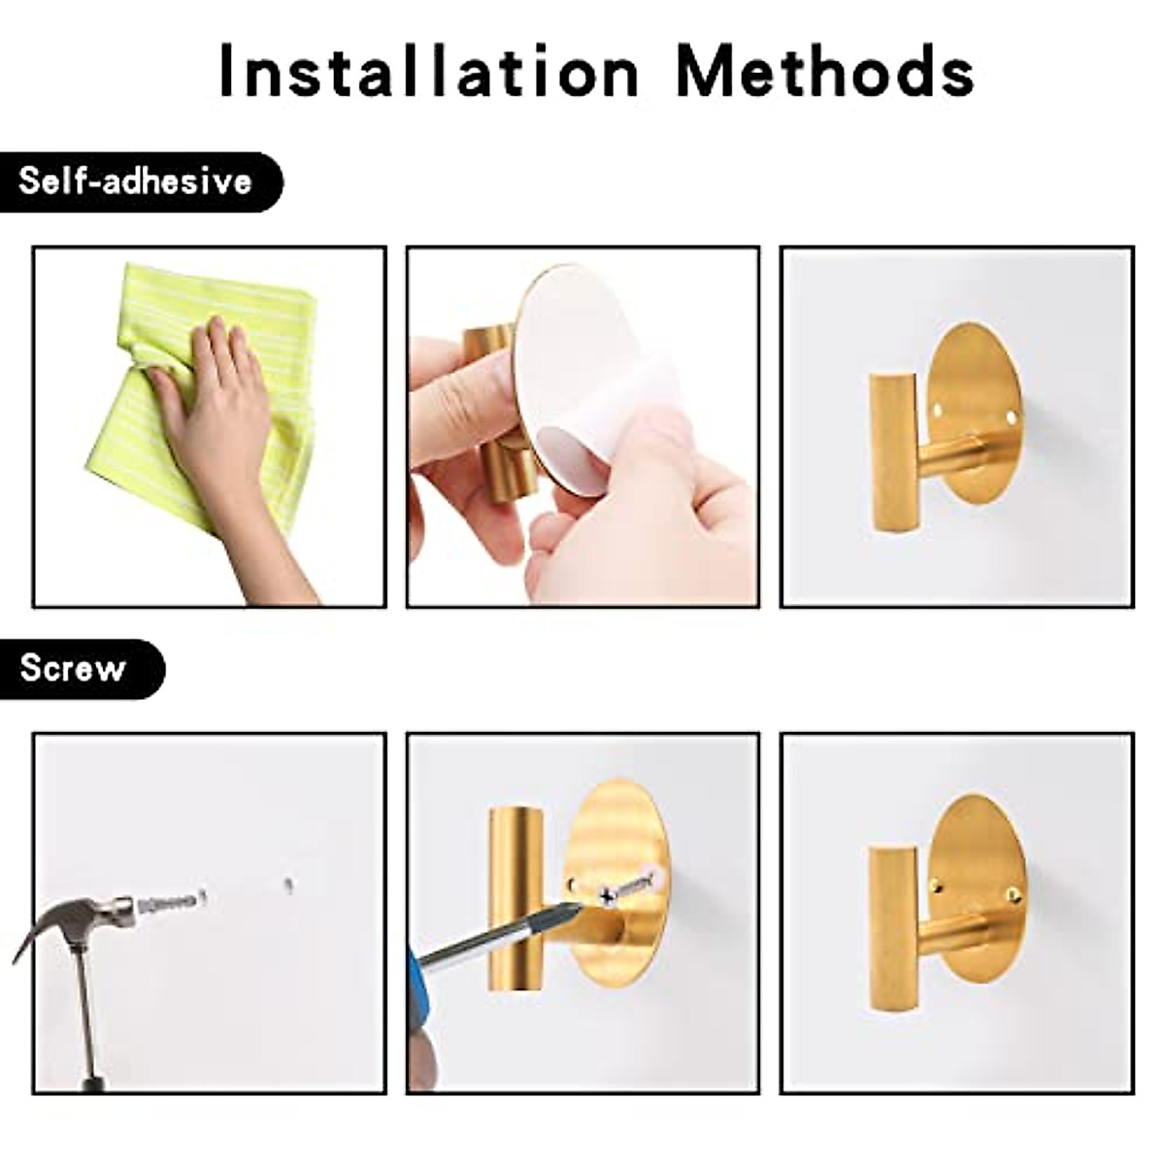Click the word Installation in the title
pos(428,71)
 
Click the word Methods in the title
pos(824,71)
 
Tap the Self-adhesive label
pos(136,182)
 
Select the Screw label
pos(74,668)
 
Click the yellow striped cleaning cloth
pos(252,320)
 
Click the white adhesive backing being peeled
pos(592,388)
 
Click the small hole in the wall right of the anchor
pos(288,884)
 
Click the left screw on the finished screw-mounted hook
pos(937,885)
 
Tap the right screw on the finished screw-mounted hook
pos(1013,894)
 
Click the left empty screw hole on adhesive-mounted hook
pos(938,412)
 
